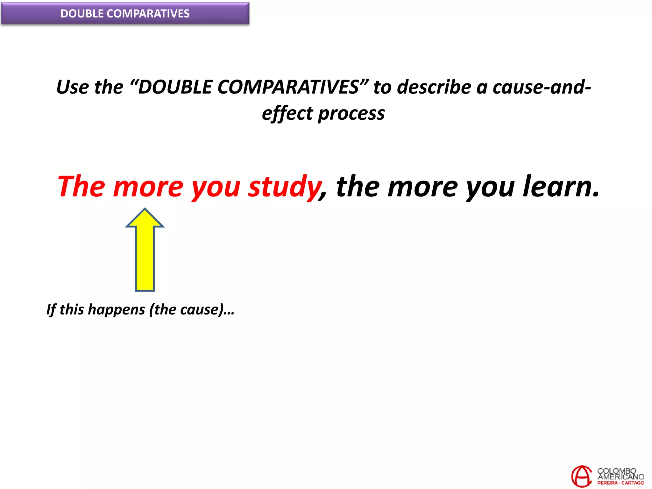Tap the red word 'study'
(x=284, y=187)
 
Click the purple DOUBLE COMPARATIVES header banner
(x=125, y=14)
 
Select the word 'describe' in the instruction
(x=434, y=87)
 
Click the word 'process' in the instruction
(x=351, y=114)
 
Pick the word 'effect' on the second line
(x=287, y=114)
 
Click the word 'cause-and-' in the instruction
(x=542, y=87)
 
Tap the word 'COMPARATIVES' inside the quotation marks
(x=288, y=87)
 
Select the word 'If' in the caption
(x=51, y=310)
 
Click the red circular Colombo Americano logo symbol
(x=581, y=476)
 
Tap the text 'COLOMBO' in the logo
(x=616, y=471)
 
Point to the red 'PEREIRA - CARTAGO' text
(x=620, y=483)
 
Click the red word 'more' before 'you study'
(x=148, y=187)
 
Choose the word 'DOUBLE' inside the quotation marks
(x=175, y=87)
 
